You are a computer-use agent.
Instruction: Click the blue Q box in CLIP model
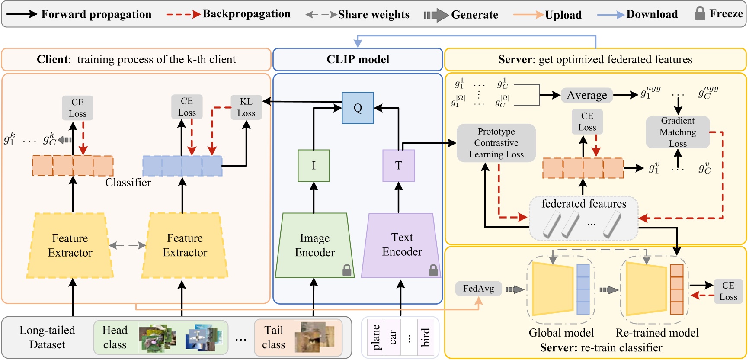(x=358, y=108)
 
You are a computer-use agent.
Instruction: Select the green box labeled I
(x=314, y=166)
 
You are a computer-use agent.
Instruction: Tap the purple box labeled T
(x=398, y=166)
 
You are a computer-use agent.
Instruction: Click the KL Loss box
(x=246, y=107)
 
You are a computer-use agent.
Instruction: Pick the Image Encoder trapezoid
(x=315, y=245)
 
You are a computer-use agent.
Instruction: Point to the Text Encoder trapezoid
(x=401, y=245)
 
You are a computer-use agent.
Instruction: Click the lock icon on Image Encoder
(x=347, y=270)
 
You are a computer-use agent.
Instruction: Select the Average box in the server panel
(x=586, y=95)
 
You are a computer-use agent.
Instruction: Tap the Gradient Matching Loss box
(x=677, y=132)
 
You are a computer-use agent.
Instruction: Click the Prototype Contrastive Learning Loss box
(x=496, y=143)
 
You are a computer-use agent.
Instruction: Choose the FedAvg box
(x=478, y=289)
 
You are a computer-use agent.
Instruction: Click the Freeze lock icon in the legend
(x=700, y=13)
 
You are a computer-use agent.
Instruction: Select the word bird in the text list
(x=426, y=337)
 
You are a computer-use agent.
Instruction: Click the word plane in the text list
(x=375, y=337)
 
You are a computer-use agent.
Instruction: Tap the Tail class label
(x=274, y=337)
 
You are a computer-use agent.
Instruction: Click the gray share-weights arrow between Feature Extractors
(x=127, y=246)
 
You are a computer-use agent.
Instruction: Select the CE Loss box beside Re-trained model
(x=728, y=291)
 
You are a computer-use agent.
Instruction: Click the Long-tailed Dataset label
(x=47, y=337)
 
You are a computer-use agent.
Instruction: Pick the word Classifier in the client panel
(x=128, y=183)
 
